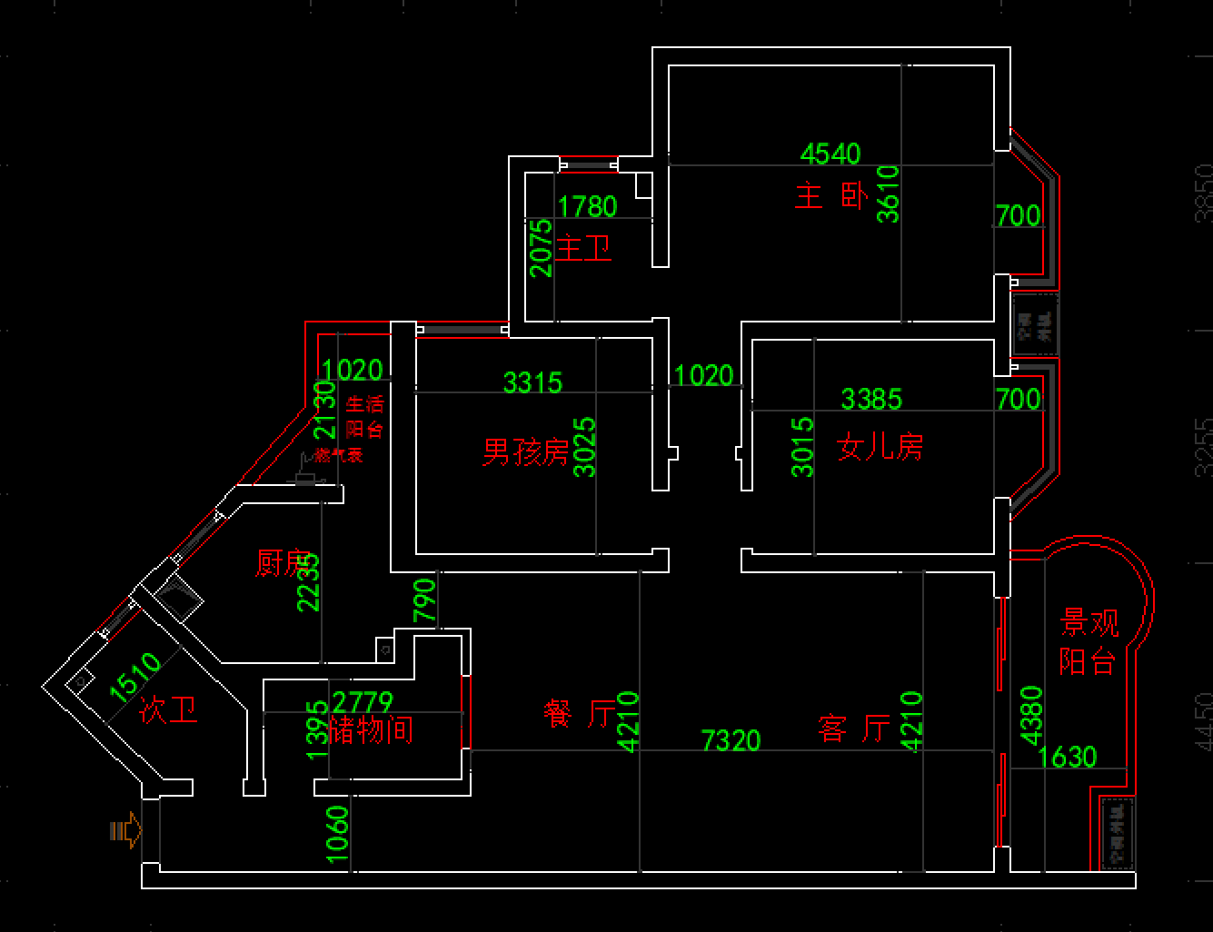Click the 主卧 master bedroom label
tap(831, 195)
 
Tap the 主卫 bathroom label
tap(583, 248)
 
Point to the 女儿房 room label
tap(880, 446)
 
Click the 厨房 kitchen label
tap(284, 563)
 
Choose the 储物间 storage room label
tap(371, 729)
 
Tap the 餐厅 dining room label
tap(580, 714)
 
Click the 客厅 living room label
tap(854, 728)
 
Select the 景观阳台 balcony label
tap(1089, 641)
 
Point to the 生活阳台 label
tap(364, 417)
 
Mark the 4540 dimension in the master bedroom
tap(830, 154)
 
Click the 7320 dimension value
tap(731, 740)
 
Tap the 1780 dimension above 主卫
tap(587, 207)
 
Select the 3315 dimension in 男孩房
tap(533, 382)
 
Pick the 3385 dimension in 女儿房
tap(871, 399)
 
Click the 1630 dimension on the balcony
tap(1068, 757)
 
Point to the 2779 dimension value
tap(363, 702)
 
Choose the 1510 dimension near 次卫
tap(134, 678)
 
